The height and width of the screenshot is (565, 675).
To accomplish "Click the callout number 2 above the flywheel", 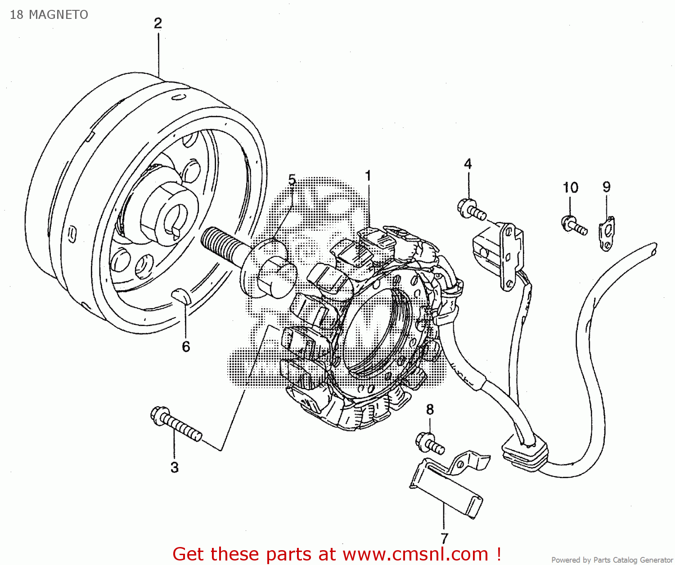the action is coord(158,23).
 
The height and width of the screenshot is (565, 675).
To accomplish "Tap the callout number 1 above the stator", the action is coord(368,176).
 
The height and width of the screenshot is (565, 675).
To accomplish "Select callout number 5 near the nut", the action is coord(292,180).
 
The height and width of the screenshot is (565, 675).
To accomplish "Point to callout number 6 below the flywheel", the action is coord(186,347).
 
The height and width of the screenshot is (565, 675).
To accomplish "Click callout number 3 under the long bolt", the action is coord(175,467).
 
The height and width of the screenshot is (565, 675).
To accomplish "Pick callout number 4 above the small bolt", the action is coord(468,164).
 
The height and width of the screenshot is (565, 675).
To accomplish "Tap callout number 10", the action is coord(570,188).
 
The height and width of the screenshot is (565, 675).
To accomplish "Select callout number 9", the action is coord(607,187).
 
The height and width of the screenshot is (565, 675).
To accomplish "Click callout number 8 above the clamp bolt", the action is coord(430,410).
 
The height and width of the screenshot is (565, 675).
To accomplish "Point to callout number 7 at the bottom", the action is coord(445,538).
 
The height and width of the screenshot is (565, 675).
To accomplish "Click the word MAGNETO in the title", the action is coord(58,15).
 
